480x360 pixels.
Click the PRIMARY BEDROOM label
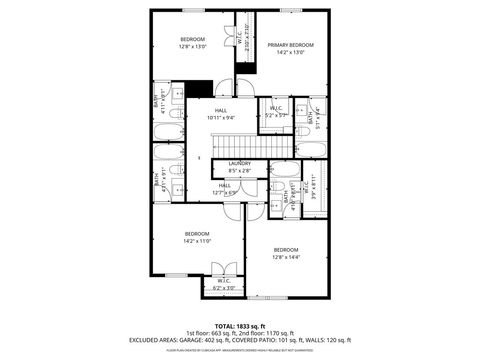pyautogui.click(x=290, y=46)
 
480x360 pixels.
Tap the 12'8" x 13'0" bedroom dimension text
pyautogui.click(x=192, y=46)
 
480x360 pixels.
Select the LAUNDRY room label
pyautogui.click(x=239, y=165)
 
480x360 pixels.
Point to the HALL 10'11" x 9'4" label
pyautogui.click(x=219, y=114)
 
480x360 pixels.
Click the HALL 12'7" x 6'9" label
pyautogui.click(x=225, y=189)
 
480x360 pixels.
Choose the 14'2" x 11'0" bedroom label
pyautogui.click(x=196, y=241)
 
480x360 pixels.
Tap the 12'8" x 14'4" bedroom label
pyautogui.click(x=286, y=256)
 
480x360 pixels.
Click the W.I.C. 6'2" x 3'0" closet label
pyautogui.click(x=223, y=284)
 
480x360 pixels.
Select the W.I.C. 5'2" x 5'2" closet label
pyautogui.click(x=277, y=112)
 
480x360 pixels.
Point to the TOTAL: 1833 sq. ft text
pyautogui.click(x=239, y=326)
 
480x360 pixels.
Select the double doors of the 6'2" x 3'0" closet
pyautogui.click(x=226, y=269)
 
